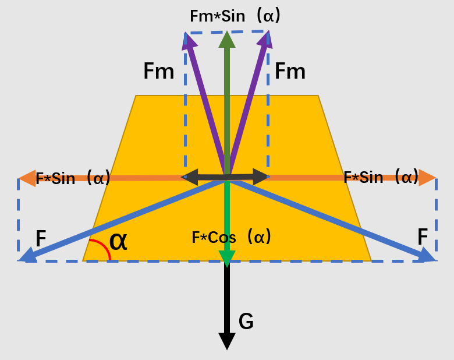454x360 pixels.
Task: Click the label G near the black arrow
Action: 246,322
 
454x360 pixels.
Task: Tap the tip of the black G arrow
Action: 227,348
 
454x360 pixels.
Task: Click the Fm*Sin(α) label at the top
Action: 235,16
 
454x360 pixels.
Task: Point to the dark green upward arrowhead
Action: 227,39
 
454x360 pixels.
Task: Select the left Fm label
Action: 159,72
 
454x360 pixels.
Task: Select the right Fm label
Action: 290,72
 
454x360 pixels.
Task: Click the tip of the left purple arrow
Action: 186,34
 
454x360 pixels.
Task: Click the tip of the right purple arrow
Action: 269,34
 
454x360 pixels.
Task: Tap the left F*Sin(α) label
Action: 73,178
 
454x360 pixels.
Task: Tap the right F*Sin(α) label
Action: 381,177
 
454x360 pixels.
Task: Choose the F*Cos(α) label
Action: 232,237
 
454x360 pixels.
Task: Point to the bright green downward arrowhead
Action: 227,259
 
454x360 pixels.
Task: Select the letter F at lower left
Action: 41,238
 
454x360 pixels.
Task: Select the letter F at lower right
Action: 423,237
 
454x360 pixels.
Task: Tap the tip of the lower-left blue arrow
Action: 21,260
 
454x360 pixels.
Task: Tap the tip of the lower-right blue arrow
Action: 434,259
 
